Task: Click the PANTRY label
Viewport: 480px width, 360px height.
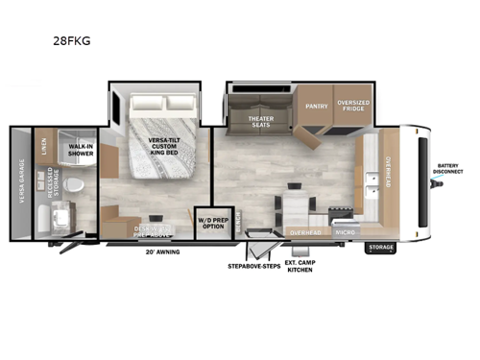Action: tap(317, 107)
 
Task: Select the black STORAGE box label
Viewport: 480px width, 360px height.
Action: tap(381, 248)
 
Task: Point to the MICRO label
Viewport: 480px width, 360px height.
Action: tap(345, 232)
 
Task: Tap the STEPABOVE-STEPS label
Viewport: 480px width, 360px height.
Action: tap(253, 265)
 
